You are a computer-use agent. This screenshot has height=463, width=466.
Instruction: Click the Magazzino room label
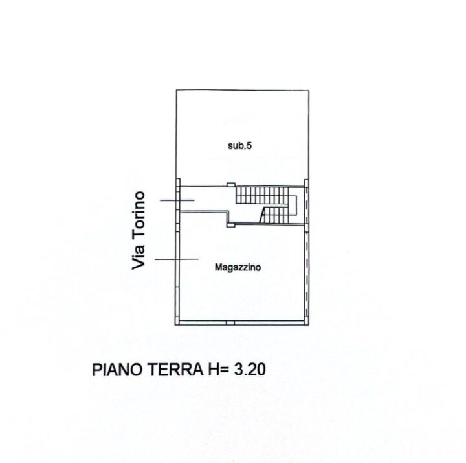click(238, 267)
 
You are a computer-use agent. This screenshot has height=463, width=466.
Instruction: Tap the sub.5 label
click(239, 146)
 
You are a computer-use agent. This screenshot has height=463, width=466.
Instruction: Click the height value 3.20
click(250, 370)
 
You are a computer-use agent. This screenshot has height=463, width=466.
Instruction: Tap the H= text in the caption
click(217, 370)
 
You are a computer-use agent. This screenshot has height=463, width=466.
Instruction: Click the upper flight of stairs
click(262, 195)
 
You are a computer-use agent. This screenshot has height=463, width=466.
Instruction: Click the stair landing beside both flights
click(293, 206)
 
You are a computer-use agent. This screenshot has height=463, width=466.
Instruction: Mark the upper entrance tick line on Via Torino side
click(177, 200)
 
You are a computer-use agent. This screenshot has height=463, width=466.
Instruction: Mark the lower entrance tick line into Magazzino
click(177, 259)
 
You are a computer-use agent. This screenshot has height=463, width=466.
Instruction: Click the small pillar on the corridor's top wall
click(231, 185)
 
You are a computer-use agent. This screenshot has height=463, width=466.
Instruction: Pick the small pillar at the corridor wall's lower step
click(231, 225)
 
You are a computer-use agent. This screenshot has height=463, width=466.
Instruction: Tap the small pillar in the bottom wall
click(230, 323)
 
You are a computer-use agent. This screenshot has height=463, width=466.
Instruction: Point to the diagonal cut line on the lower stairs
click(263, 215)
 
